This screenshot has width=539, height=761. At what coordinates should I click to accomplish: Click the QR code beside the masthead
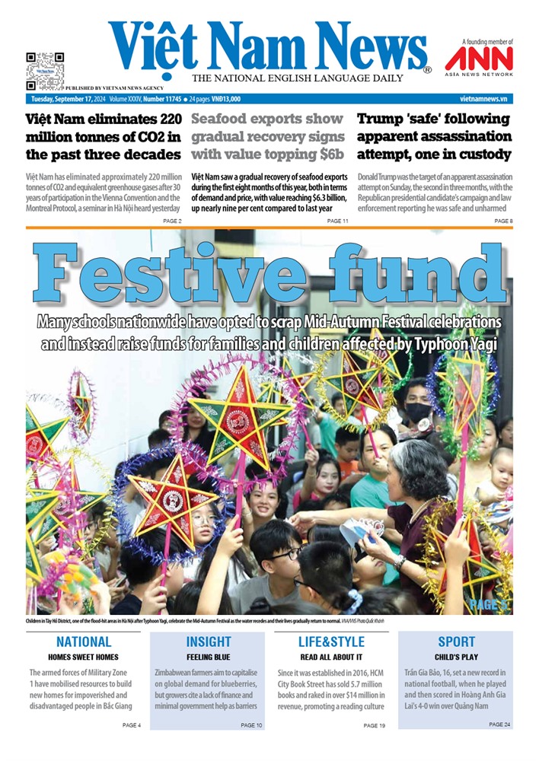click(45, 69)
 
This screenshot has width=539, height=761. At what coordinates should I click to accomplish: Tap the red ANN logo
click(479, 59)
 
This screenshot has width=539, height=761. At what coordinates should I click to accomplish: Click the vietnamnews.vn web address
click(483, 99)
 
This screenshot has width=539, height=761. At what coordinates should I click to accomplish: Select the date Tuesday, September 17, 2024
click(68, 99)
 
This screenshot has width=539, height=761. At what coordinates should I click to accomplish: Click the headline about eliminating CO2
click(103, 137)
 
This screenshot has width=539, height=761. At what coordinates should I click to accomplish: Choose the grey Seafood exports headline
click(266, 137)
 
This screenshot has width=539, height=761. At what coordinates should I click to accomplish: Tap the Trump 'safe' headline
click(434, 137)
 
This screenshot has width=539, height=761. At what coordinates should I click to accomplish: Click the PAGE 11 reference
click(337, 221)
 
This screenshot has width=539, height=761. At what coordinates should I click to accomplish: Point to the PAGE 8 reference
click(503, 221)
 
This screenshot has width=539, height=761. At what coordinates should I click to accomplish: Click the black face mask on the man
click(417, 412)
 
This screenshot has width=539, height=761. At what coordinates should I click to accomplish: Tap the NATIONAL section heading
click(84, 642)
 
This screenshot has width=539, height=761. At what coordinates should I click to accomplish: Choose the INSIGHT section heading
click(209, 642)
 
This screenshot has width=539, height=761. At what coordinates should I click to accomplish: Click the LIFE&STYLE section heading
click(330, 642)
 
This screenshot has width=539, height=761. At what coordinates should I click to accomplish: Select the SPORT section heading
click(456, 642)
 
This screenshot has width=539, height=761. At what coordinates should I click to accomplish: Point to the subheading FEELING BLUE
click(209, 656)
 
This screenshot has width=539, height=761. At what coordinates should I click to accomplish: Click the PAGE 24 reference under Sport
click(500, 724)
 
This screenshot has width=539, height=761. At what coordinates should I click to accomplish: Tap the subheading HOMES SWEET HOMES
click(84, 656)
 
